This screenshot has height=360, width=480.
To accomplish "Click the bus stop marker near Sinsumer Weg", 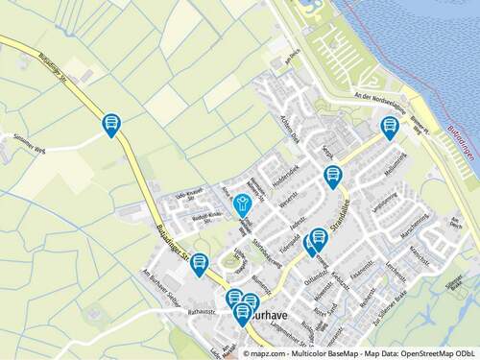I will coord(111,124).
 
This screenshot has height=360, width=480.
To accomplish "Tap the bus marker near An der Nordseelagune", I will coord(390,126).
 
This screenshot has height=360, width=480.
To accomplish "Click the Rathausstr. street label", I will coord(204,312).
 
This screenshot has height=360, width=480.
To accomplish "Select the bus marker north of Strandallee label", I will coord(332,176).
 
